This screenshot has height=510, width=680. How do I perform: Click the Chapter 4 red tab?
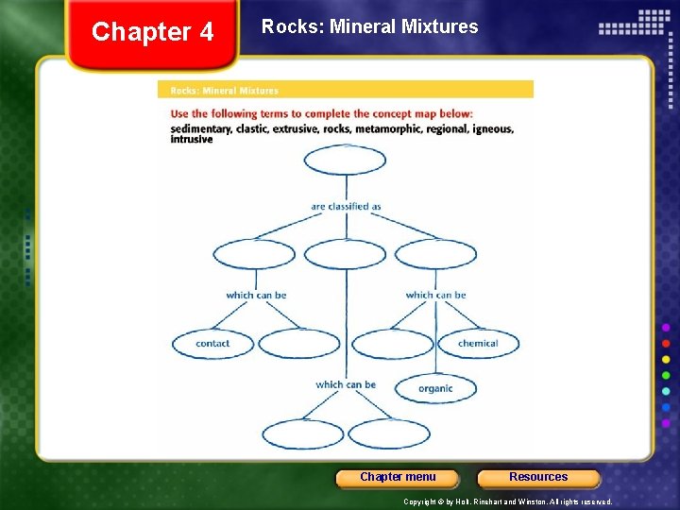[152, 33]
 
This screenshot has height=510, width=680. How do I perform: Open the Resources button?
[538, 477]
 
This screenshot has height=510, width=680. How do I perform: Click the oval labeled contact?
[212, 344]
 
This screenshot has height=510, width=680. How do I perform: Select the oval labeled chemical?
[477, 344]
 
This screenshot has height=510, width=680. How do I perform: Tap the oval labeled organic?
[434, 388]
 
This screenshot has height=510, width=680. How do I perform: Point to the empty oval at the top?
[345, 161]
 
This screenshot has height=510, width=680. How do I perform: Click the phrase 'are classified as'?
[346, 206]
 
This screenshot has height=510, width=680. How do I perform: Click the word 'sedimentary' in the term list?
[200, 128]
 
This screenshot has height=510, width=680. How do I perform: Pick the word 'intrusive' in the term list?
[192, 140]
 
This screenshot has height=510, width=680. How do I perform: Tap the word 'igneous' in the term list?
[493, 128]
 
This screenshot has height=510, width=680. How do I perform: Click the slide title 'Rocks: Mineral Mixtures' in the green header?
[369, 27]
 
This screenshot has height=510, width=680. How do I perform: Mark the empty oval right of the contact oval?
[299, 344]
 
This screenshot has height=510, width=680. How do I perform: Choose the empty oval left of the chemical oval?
[392, 344]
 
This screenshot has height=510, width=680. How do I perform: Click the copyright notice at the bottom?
[507, 501]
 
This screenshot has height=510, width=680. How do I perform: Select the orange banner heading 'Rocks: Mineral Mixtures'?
[224, 91]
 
